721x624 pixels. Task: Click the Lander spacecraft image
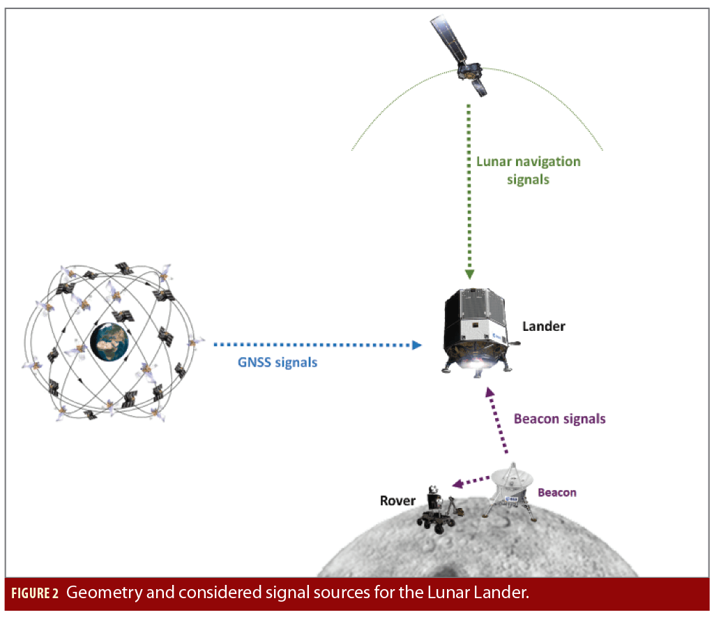pos(478,327)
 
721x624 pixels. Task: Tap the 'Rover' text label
pos(397,500)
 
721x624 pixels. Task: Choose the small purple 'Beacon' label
pos(556,492)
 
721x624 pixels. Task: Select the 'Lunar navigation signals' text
pos(528,170)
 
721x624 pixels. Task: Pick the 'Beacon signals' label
pos(559,419)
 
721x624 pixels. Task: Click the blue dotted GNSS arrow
pos(314,345)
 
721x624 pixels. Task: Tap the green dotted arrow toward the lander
pos(469,188)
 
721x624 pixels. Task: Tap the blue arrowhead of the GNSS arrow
pos(416,345)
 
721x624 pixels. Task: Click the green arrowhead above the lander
pos(469,274)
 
